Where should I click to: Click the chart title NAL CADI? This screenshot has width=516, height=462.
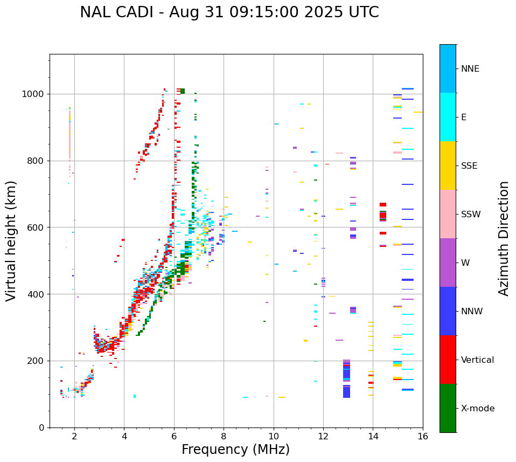tap(229, 12)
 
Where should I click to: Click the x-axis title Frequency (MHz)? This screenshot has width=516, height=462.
tap(235, 450)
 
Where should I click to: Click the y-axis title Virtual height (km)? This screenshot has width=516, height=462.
tap(11, 240)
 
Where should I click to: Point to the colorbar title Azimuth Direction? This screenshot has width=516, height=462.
tap(504, 238)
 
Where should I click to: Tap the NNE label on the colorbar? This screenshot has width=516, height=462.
tap(470, 69)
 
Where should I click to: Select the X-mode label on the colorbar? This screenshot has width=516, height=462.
tap(477, 409)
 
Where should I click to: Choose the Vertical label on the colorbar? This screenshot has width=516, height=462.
tap(477, 360)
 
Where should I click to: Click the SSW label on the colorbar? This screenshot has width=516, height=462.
tap(471, 215)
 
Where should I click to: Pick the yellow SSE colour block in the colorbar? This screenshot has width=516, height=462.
tap(448, 166)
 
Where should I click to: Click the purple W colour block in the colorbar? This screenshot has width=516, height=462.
tap(448, 263)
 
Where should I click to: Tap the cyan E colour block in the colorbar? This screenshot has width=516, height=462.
tap(448, 117)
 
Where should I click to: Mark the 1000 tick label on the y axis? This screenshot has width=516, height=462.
tap(33, 94)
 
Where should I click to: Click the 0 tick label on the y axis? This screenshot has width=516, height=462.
tap(41, 427)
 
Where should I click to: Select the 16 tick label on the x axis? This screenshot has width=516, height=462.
tap(422, 436)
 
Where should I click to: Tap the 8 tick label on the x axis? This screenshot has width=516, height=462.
tap(224, 436)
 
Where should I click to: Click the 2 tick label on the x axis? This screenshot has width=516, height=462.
tap(74, 436)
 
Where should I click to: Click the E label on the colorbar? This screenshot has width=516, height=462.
tap(464, 118)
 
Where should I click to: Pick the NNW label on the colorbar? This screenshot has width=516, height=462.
tap(472, 312)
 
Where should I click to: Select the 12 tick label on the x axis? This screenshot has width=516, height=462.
tap(323, 436)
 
